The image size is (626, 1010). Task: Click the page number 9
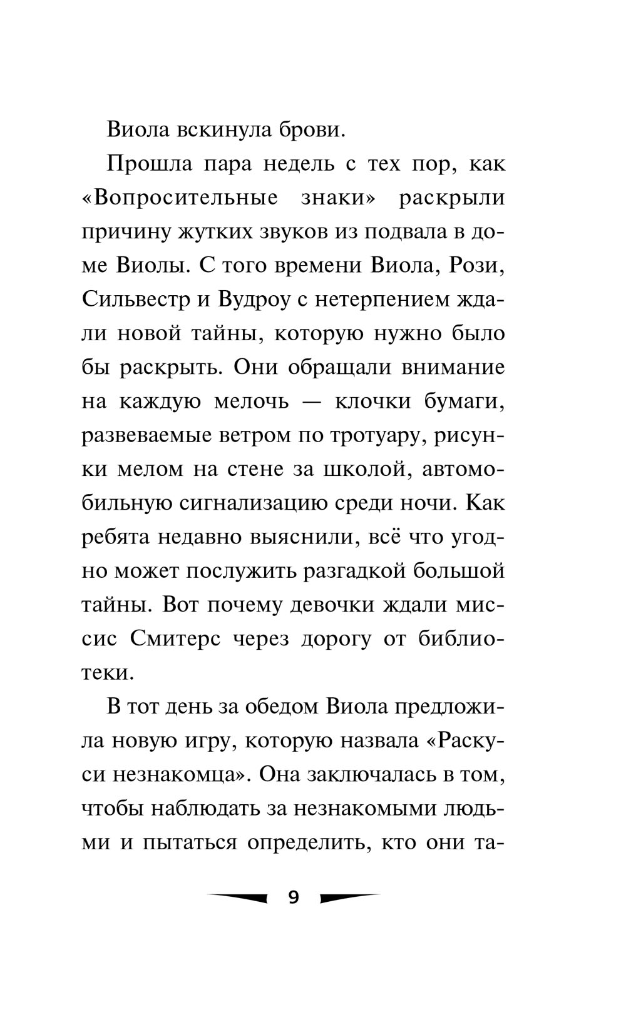(294, 897)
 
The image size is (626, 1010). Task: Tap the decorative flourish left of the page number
(237, 898)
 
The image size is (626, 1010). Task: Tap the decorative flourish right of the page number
(349, 898)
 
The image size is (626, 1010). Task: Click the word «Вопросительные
(180, 198)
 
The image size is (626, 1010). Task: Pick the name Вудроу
(254, 300)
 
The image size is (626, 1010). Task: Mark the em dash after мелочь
(312, 401)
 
